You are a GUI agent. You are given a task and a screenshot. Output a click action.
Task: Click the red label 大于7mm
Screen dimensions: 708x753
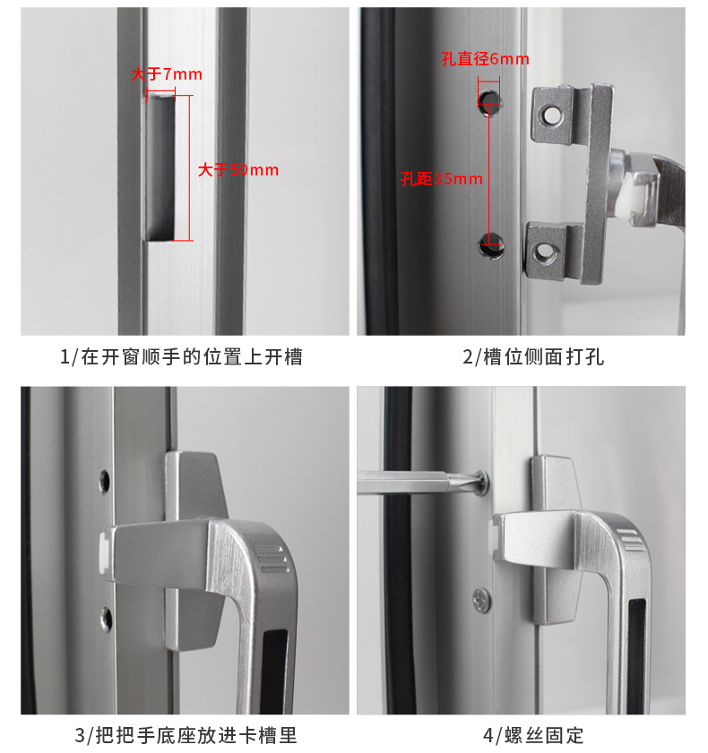167,74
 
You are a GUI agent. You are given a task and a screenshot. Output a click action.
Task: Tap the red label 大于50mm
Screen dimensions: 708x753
238,170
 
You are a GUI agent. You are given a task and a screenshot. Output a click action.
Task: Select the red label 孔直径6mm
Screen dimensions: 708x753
486,59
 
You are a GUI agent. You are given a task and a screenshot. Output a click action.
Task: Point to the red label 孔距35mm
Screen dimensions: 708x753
442,179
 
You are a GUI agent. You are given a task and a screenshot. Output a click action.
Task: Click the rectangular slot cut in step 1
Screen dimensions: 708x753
160,167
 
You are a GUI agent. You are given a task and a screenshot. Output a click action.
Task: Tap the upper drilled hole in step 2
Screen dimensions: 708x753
489,101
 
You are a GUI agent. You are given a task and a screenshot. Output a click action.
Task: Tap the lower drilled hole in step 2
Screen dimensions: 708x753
491,245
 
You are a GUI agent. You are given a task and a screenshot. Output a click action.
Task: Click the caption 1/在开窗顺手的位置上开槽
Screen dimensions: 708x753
181,357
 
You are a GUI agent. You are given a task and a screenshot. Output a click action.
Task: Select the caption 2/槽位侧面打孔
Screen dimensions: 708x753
533,357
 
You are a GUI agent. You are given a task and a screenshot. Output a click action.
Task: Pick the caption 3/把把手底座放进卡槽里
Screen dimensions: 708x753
186,735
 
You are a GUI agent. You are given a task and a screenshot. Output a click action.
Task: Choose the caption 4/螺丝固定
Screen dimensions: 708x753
533,735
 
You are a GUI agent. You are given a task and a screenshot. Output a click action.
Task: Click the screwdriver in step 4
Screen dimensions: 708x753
419,482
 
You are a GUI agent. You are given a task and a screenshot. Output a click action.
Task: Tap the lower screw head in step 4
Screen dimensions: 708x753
481,600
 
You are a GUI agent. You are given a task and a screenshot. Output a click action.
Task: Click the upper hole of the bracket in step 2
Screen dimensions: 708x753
551,116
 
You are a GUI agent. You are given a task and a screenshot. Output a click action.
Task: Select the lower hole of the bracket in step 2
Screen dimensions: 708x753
544,252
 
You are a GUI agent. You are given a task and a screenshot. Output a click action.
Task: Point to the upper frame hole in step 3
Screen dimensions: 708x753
104,481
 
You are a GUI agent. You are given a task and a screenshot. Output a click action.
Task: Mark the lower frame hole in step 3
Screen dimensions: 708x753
107,618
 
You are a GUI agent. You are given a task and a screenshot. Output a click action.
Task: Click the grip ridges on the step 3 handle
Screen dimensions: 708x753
272,559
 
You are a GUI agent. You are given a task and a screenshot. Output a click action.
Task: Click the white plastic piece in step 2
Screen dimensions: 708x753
629,199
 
